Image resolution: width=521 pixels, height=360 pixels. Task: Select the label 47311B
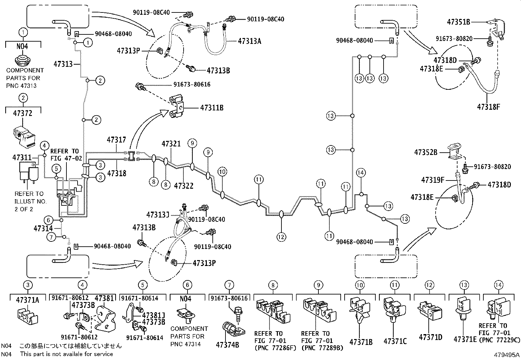[x=212, y=107]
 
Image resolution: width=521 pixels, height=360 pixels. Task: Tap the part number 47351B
[x=458, y=22]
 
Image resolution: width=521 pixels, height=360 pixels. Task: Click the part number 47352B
[x=425, y=152]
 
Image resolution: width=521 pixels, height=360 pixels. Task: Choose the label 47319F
[x=433, y=180]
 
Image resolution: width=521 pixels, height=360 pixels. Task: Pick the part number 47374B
[x=227, y=344]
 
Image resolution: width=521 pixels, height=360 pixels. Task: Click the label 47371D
[x=430, y=337]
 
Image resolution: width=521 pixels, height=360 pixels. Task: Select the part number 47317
[x=116, y=140]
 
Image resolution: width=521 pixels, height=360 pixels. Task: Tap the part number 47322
[x=184, y=186]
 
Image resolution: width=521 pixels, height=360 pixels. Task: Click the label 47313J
[x=158, y=215]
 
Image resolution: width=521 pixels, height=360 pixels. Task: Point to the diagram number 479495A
[x=507, y=355]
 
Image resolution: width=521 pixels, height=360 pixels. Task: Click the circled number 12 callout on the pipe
[x=281, y=237]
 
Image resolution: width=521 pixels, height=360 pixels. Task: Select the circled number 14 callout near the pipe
[x=361, y=173]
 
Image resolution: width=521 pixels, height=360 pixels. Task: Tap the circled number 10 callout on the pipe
[x=222, y=171]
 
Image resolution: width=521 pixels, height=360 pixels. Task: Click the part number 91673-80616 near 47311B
[x=192, y=85]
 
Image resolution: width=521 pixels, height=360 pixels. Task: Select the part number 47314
[x=43, y=228]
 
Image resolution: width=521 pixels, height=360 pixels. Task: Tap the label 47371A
[x=28, y=299]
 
